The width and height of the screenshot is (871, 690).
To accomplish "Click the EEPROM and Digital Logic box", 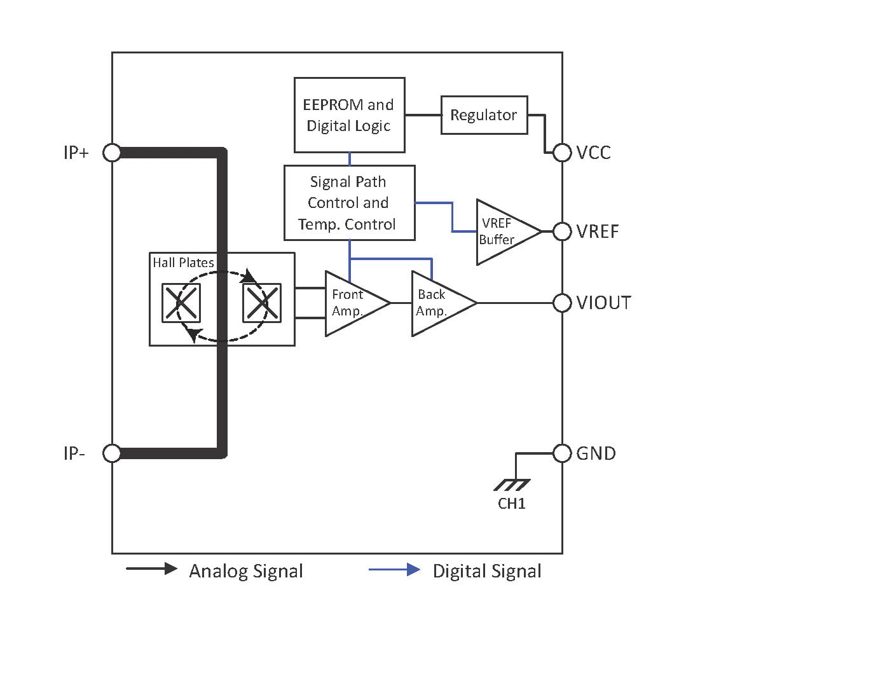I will (349, 115).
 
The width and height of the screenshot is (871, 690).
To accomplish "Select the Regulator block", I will (484, 115).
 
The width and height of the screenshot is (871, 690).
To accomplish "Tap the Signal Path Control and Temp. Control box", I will (349, 203).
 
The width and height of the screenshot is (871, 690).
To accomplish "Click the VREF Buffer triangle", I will (502, 231).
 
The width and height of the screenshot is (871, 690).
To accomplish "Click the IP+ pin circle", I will (112, 153).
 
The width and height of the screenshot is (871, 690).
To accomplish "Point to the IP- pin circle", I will (112, 453).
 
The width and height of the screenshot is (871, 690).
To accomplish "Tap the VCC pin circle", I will (562, 153).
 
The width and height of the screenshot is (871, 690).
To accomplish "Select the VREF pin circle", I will (562, 231).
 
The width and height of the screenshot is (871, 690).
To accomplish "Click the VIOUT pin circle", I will (562, 303).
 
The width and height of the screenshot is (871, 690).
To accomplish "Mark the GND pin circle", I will (562, 453).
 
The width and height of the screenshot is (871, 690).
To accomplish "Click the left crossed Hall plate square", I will (181, 303).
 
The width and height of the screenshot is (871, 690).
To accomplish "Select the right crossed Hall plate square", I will (262, 303).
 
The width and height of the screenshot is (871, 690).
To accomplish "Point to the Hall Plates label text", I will (183, 263).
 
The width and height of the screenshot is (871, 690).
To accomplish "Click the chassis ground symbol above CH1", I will (512, 485).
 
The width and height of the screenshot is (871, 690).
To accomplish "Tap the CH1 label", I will (512, 504).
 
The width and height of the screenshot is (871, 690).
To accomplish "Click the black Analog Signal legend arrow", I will (151, 569).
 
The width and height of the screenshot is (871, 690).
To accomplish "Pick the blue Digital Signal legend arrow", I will (394, 570).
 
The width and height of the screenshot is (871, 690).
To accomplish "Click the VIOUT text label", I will (603, 303).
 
